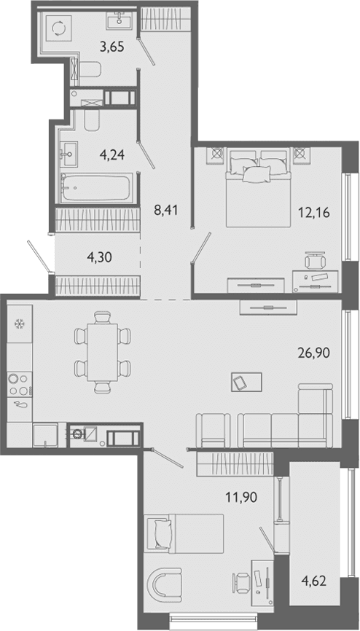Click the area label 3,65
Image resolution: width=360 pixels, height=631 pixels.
111,47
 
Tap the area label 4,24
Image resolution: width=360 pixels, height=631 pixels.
111,154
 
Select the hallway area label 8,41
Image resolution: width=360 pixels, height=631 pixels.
166,210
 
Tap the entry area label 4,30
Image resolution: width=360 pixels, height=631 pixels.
99,256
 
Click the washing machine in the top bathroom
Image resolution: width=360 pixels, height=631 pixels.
58,28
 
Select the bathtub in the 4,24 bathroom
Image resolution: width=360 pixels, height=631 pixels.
97,187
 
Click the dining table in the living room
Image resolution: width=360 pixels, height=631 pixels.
103,352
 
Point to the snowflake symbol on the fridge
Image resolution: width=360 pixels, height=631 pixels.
18,324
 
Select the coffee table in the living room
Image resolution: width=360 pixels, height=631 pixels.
246,382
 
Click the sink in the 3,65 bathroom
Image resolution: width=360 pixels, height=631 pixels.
120,20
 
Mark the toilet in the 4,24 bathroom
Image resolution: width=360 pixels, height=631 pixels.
92,121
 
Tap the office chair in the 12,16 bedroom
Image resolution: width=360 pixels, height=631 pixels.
316,261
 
